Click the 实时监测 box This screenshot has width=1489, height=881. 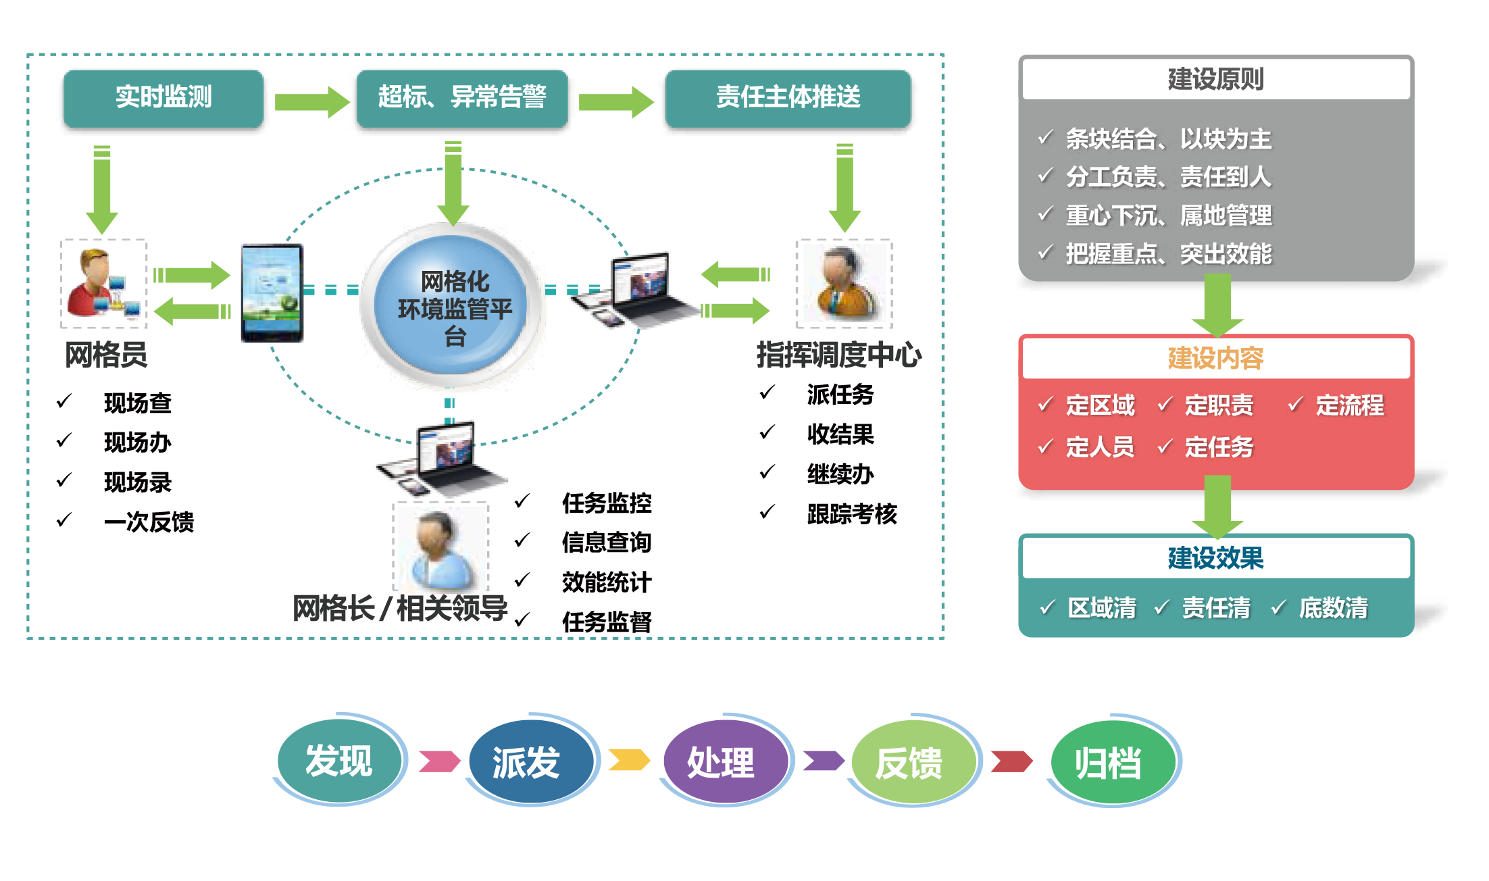click(x=163, y=97)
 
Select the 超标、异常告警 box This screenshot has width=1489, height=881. click(x=462, y=97)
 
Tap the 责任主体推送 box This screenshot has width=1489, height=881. click(x=788, y=97)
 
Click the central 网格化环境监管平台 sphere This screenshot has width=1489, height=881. click(x=454, y=307)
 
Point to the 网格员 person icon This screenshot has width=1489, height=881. click(x=104, y=284)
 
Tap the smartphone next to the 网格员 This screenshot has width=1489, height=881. click(x=272, y=293)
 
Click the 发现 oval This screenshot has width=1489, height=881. click(x=339, y=760)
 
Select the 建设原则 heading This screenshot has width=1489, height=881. click(x=1216, y=79)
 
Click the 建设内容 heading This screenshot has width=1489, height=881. click(x=1216, y=358)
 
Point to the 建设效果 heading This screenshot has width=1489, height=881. click(x=1216, y=558)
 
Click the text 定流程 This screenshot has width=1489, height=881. click(x=1350, y=405)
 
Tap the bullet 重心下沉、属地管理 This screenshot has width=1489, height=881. click(x=1169, y=216)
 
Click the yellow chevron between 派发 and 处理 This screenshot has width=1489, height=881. click(x=629, y=760)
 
